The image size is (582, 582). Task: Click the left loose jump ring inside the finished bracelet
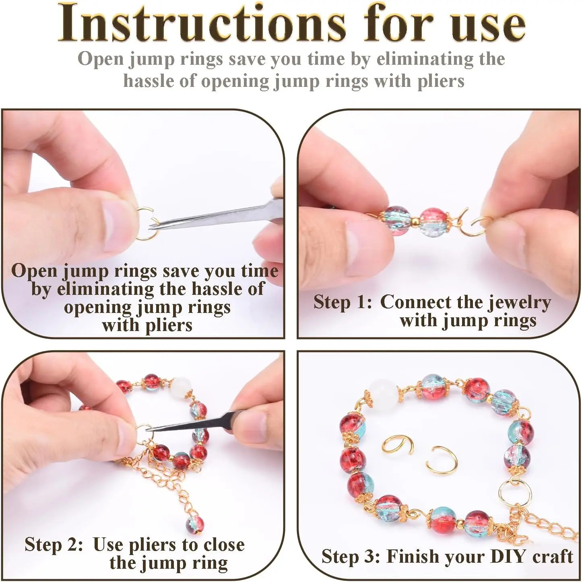397,451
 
